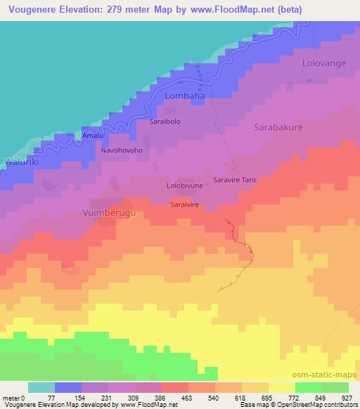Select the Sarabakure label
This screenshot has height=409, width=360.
pos(278,128)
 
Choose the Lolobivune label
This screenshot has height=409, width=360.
pos(185,186)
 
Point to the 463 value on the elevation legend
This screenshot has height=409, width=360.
pos(176,397)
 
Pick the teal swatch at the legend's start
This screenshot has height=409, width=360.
pos(41,387)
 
